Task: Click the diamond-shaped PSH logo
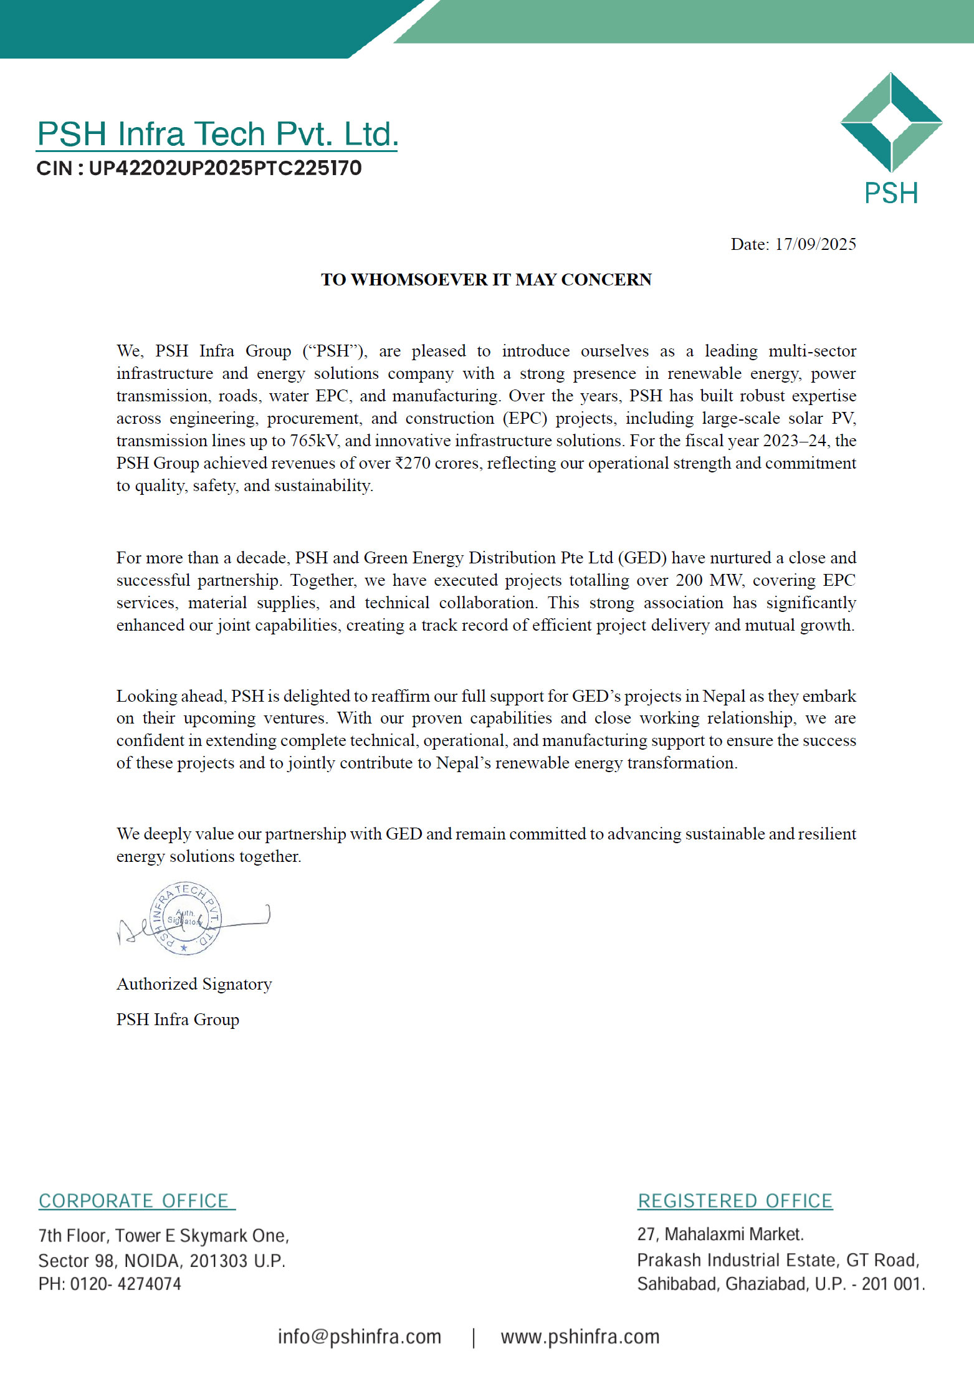pos(891,122)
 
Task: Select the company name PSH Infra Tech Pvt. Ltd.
pos(217,134)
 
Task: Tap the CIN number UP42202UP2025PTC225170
pos(225,168)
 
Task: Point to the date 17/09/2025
pos(815,244)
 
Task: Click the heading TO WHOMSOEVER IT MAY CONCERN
pos(486,280)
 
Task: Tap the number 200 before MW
pos(689,580)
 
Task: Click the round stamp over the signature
pos(185,917)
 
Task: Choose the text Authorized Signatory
pos(194,984)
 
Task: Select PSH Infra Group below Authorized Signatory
pos(178,1020)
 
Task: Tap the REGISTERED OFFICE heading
pos(735,1201)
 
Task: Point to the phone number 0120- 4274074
pos(125,1284)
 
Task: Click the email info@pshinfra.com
pos(359,1337)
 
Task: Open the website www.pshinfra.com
pos(580,1337)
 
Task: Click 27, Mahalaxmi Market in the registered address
pos(720,1235)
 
